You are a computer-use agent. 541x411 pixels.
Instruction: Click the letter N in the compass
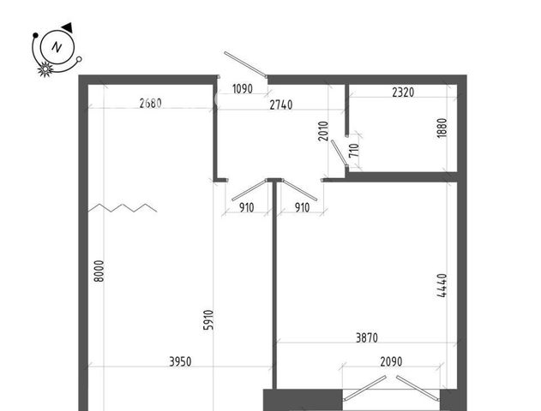coord(57,47)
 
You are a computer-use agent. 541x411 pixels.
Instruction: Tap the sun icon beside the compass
coord(45,68)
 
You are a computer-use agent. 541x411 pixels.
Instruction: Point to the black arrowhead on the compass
coord(67,27)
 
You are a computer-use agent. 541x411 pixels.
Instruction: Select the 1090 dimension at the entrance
coord(243,89)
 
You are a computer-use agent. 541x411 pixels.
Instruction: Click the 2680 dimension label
coord(150,103)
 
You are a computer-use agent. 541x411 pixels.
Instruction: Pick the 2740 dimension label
coord(281,104)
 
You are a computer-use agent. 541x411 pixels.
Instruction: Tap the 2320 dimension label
coord(403,92)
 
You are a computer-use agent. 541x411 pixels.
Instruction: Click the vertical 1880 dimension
coord(442,128)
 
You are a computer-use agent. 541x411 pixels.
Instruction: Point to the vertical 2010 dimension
coord(323,131)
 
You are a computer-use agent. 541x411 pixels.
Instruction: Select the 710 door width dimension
coord(354,151)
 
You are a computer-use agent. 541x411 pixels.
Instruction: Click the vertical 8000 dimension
coord(99,271)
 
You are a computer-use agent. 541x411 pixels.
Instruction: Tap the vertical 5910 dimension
coord(208,320)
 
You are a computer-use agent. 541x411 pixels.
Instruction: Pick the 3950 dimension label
coord(180,361)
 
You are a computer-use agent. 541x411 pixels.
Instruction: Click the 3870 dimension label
coord(367,338)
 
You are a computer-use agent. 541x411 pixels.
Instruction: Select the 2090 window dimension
coord(391,361)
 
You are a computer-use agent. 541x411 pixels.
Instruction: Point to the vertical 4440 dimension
coord(442,285)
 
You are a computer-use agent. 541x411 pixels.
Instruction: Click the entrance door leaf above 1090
coord(245,64)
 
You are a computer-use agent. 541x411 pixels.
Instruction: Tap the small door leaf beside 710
coord(340,152)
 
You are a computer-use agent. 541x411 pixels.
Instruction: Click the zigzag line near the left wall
coord(123,208)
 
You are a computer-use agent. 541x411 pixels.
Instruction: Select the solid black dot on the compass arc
coord(35,35)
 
